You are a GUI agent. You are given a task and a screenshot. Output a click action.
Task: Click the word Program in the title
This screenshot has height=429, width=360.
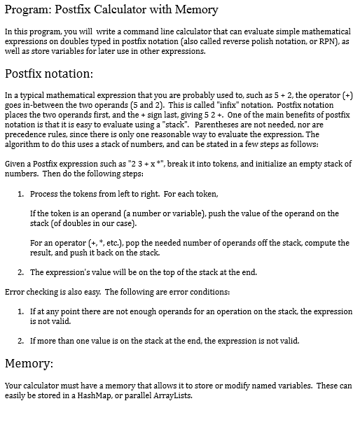click(x=27, y=10)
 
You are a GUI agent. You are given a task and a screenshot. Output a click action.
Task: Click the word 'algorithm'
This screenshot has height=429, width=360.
click(x=23, y=144)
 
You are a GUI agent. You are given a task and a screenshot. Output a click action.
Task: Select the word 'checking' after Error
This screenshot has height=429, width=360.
click(x=41, y=290)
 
